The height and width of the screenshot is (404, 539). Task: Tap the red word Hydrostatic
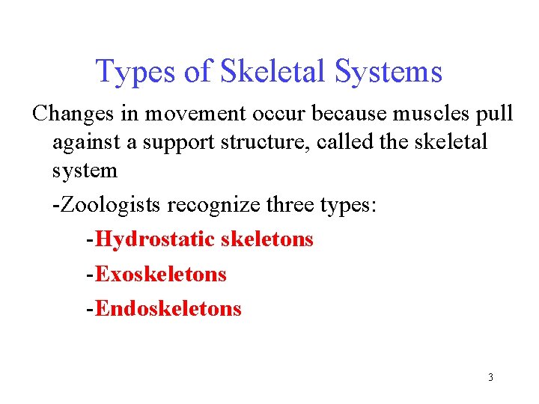coord(155,239)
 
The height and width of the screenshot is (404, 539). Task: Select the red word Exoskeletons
coord(161,274)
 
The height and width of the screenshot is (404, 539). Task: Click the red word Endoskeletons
coord(168,308)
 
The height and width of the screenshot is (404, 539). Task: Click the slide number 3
coord(490,377)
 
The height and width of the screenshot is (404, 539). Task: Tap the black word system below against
coord(85,171)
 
